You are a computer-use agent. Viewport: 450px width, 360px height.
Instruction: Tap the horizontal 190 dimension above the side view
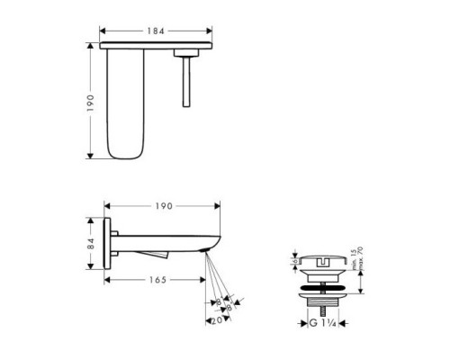tap(163, 207)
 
